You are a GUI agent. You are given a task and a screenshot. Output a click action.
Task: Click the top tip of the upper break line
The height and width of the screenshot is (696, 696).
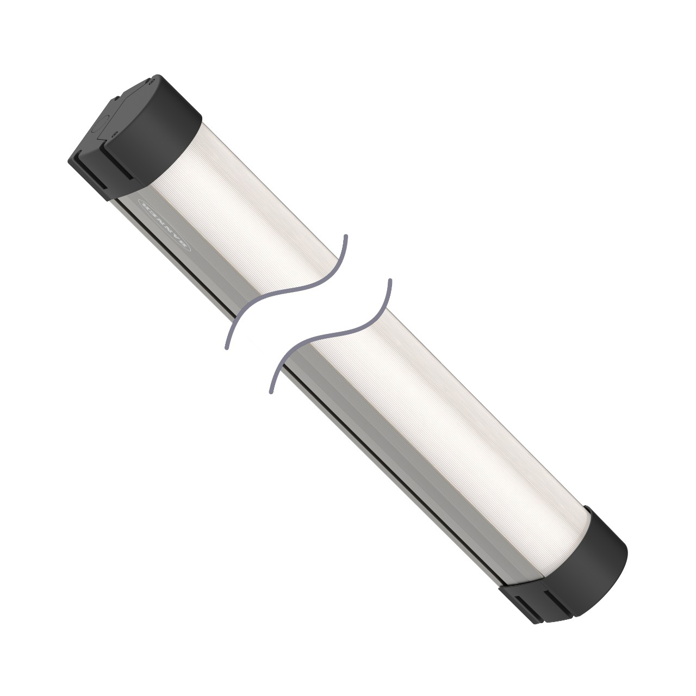(x=345, y=236)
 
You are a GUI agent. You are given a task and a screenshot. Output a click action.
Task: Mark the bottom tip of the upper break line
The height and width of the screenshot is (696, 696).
(x=226, y=347)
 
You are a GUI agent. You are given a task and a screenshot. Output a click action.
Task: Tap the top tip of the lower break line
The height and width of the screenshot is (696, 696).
(x=389, y=281)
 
